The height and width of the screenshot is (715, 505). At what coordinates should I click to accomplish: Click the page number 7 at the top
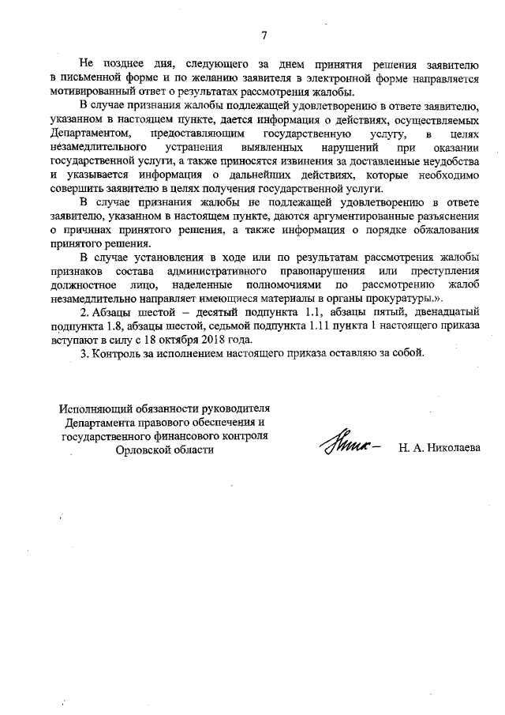tap(264, 35)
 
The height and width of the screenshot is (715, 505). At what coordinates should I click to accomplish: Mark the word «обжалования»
tap(445, 230)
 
